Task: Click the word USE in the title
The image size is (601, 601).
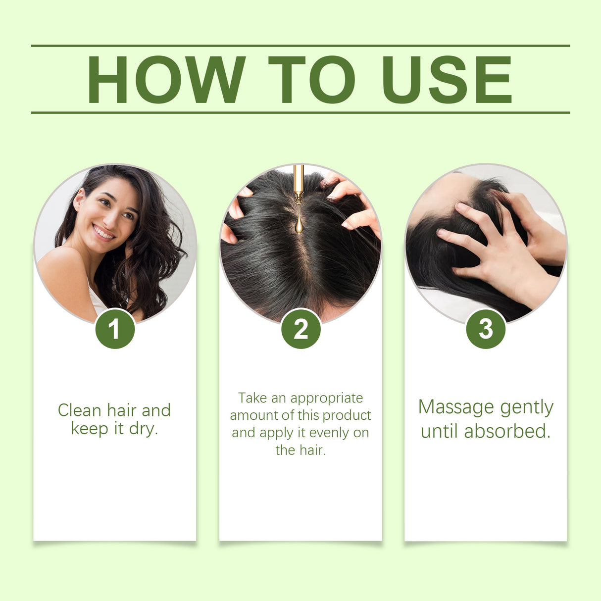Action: [447, 79]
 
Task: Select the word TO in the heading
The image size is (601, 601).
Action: [311, 79]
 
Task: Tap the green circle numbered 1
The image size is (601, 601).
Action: [115, 329]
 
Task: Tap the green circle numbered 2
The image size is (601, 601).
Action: [300, 329]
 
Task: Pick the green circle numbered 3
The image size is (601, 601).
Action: [486, 329]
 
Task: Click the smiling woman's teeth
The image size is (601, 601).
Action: [103, 232]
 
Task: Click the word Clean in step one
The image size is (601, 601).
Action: [80, 410]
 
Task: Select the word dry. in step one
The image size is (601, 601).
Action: [143, 428]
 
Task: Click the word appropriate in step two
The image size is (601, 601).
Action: [327, 398]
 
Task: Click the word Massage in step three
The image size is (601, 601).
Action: [456, 407]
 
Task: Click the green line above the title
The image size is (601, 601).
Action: [300, 46]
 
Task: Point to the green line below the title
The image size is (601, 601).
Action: [300, 112]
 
